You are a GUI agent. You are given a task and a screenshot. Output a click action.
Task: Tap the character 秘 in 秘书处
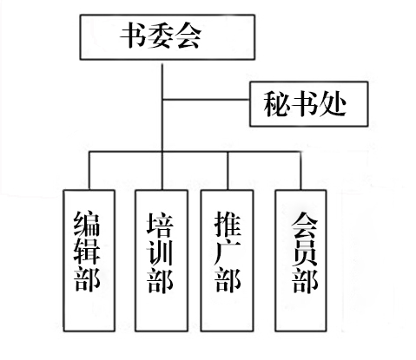point(277,103)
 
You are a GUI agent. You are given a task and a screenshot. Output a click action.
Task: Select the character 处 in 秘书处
point(333,103)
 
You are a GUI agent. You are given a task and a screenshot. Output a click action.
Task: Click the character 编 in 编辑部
point(87,225)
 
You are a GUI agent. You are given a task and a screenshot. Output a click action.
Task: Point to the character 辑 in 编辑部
point(87,252)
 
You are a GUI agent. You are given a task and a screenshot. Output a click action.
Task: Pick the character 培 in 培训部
point(160,225)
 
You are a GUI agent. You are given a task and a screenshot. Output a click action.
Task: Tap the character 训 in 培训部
point(160,252)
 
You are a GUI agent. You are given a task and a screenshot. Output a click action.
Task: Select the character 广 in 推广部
point(228,252)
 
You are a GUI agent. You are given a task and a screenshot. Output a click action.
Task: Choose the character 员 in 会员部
point(305,252)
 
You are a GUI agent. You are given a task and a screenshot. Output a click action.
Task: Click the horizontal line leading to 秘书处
point(206,100)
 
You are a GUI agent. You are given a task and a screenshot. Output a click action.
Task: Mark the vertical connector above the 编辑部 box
point(89,171)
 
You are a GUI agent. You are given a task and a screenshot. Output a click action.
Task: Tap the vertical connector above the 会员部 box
point(300,171)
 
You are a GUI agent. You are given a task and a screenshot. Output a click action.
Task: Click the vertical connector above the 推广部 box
point(228,171)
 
